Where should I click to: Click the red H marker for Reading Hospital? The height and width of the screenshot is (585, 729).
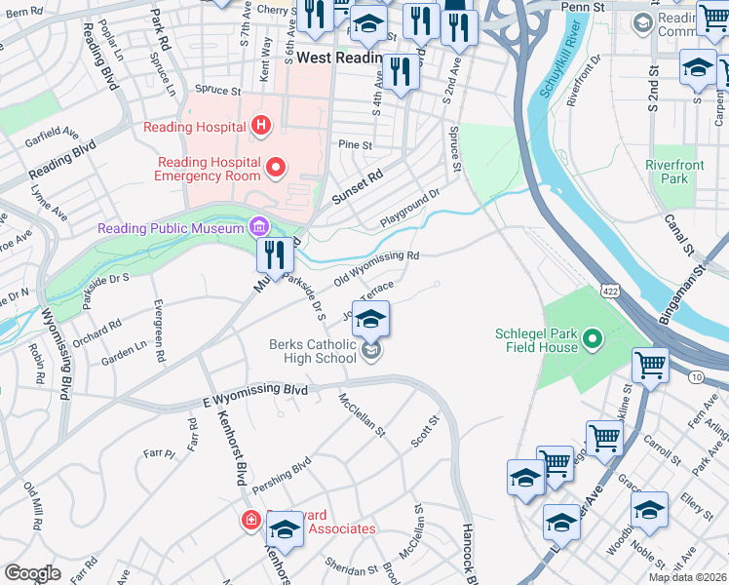260,125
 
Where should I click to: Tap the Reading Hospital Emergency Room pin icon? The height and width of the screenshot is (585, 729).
276,169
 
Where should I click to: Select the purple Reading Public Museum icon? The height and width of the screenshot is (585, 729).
259,228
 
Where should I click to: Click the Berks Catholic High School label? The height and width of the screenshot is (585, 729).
313,350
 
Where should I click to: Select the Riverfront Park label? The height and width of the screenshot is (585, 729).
673,172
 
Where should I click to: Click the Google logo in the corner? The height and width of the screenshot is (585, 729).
32,573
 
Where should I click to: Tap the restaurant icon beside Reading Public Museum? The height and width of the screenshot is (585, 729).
276,255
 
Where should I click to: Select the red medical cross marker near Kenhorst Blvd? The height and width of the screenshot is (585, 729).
251,520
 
